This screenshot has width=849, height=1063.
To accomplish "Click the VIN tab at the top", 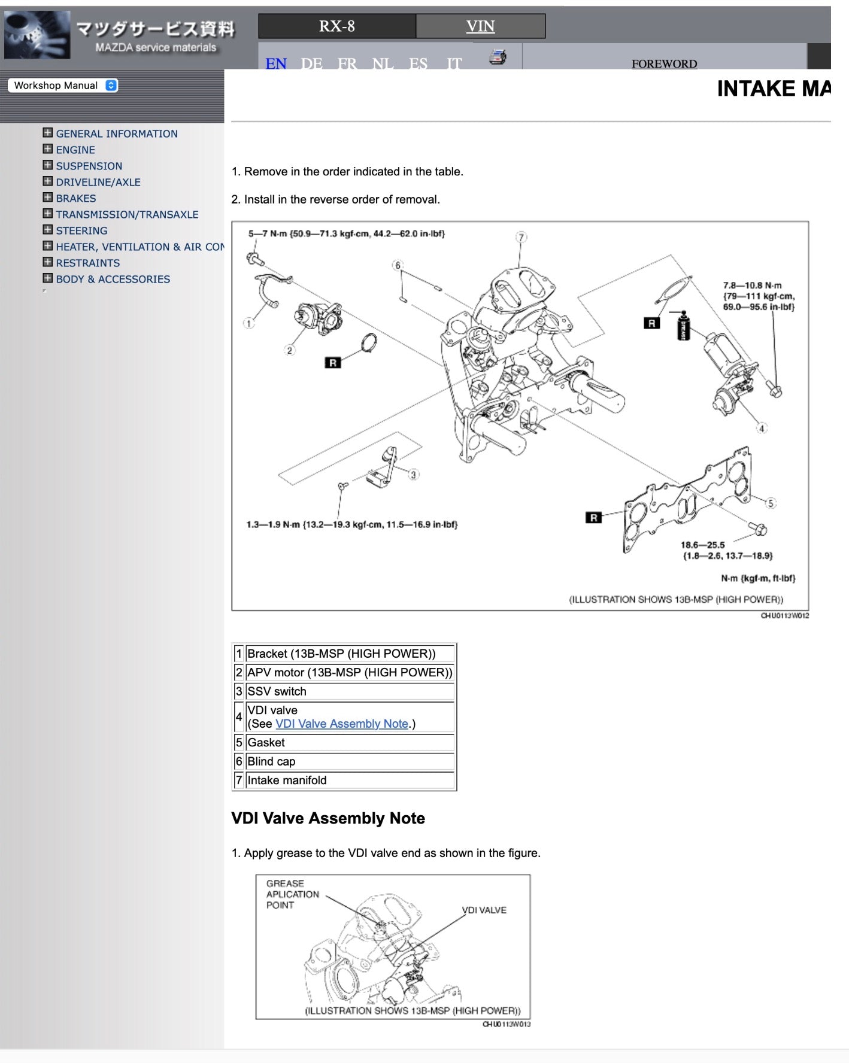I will [x=480, y=26].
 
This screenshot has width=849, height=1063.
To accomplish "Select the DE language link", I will [x=311, y=63].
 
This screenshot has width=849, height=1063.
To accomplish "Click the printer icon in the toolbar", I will [x=498, y=57].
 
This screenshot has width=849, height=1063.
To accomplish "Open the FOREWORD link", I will [x=664, y=63].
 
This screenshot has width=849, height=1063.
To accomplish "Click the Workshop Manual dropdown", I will [x=63, y=86].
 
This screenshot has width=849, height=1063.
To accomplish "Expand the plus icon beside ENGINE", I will [x=48, y=149].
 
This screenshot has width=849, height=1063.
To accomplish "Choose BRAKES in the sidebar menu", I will [x=76, y=198].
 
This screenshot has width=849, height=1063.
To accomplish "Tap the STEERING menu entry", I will [x=81, y=230].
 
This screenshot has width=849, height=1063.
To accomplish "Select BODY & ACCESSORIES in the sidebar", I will [x=113, y=279].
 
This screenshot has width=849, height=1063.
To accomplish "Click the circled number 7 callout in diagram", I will [x=521, y=237].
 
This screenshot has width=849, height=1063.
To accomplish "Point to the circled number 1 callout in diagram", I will [x=248, y=323].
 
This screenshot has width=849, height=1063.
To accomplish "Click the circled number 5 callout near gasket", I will [x=771, y=503].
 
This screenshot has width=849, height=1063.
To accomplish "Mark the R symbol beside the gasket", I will [x=593, y=518].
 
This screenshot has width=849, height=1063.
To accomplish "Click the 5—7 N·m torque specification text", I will [x=346, y=233].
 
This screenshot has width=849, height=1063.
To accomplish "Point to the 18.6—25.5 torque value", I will [x=702, y=545].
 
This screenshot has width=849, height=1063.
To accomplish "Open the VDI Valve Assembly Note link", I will [x=341, y=724].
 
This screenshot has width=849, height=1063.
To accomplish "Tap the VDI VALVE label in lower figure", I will [x=484, y=910].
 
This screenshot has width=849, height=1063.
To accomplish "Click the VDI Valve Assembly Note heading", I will [x=328, y=818].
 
